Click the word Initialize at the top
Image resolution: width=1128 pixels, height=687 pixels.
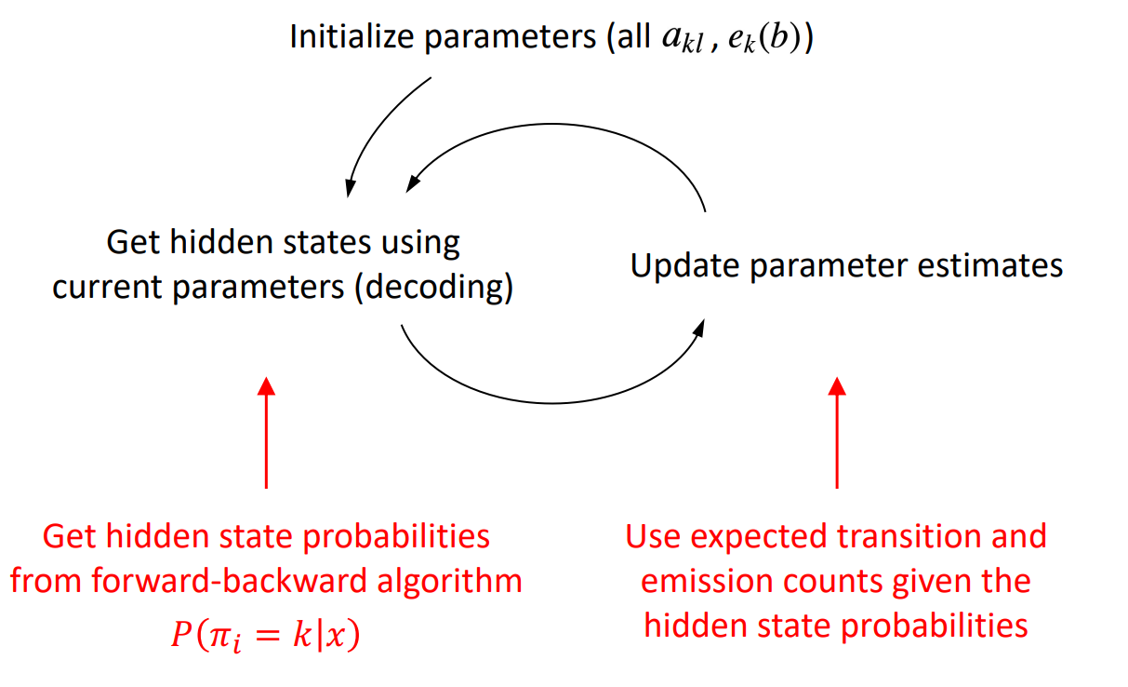click(351, 37)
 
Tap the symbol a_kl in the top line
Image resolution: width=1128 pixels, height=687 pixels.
click(683, 39)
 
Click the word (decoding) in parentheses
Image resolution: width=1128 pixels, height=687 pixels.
click(433, 288)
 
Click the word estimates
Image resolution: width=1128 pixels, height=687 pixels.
click(990, 265)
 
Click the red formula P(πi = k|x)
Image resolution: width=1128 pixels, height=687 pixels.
click(265, 635)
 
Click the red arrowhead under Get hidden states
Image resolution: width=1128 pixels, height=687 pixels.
click(266, 386)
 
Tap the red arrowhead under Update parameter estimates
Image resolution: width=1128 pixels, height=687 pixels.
click(837, 386)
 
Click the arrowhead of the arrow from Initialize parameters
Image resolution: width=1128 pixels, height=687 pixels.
click(349, 189)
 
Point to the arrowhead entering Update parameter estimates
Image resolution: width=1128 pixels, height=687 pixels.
click(699, 328)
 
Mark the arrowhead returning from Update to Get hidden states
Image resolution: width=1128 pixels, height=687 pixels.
click(413, 184)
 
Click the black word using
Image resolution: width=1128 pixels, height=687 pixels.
click(420, 244)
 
